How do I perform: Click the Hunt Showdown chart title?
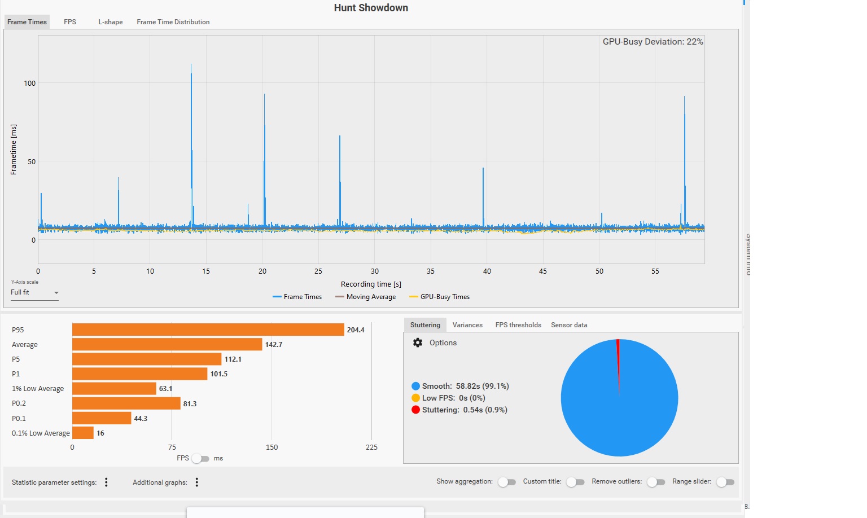click(x=371, y=8)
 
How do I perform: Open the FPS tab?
click(x=70, y=22)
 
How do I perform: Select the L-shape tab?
click(x=111, y=22)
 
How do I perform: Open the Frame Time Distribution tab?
click(x=173, y=22)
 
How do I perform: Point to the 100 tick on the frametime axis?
click(x=29, y=84)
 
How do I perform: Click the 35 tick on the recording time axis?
click(x=431, y=271)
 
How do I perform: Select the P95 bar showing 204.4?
click(x=208, y=330)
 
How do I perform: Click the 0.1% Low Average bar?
click(x=82, y=433)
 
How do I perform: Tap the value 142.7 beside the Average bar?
click(x=274, y=345)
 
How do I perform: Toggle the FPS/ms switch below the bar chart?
click(x=200, y=458)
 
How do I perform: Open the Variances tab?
click(x=467, y=325)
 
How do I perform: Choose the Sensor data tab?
click(x=569, y=325)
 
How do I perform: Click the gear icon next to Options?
click(x=418, y=343)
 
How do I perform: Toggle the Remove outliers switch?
click(x=656, y=482)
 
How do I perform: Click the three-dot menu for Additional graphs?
click(x=197, y=482)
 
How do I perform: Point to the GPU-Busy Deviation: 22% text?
click(x=653, y=42)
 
